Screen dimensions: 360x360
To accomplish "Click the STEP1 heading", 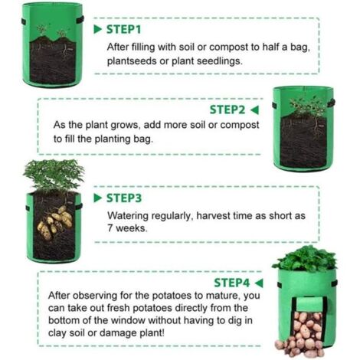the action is click(x=123, y=29).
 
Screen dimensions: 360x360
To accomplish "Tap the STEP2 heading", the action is click(x=227, y=110).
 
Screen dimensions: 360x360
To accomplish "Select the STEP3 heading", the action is click(x=124, y=198).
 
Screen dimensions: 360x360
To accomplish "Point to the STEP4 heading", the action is click(x=231, y=283).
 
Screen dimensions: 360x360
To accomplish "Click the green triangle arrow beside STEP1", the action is click(x=98, y=29).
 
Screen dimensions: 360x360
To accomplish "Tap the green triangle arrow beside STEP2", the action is click(x=254, y=110).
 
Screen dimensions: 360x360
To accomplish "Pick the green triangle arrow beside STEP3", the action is click(x=98, y=198).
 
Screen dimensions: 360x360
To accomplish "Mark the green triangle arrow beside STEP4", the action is click(x=259, y=283).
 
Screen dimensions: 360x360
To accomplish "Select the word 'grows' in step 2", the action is click(x=126, y=126).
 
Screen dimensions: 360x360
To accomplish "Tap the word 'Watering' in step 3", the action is click(x=128, y=216).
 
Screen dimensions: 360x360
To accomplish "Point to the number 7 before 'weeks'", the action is click(x=110, y=227).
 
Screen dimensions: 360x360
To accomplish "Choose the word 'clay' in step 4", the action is click(x=57, y=333).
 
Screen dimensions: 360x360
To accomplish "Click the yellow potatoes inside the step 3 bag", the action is click(x=54, y=222).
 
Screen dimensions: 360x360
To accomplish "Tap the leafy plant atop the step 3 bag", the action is click(x=54, y=175).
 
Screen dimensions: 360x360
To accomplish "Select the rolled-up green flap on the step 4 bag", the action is click(x=309, y=304).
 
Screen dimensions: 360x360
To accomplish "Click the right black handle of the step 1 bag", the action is click(x=80, y=20).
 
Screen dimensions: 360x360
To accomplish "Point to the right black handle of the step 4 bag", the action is click(x=335, y=283).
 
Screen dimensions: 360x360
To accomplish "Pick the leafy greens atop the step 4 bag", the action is click(x=305, y=259).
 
